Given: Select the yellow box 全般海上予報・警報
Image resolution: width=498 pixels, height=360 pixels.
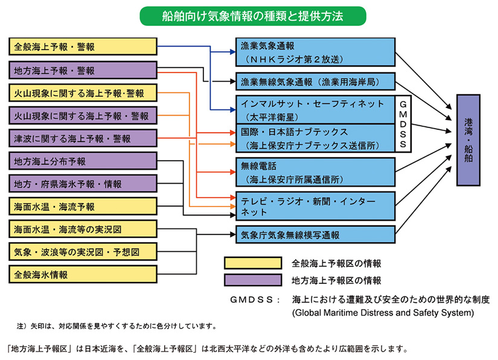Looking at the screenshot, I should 83,47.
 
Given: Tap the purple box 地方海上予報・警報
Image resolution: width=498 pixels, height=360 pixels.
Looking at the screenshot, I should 83,70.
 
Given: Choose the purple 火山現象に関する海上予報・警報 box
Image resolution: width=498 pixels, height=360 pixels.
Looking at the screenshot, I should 83,115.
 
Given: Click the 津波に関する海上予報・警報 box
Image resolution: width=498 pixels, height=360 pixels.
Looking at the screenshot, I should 83,138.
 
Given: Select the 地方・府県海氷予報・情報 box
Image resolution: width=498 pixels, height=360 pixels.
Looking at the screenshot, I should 83,183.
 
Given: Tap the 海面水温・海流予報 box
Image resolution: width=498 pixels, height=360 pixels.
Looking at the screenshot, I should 83,206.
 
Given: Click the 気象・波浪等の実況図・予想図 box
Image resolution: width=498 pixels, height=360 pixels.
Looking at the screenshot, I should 83,251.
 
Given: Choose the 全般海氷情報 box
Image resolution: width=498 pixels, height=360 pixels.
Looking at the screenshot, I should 83,274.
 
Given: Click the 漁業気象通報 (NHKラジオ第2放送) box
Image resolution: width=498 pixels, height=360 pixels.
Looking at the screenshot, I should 314,51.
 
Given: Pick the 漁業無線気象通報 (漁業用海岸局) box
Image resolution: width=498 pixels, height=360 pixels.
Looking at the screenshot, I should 314,80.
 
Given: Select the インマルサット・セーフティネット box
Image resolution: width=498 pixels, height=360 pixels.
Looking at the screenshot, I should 314,108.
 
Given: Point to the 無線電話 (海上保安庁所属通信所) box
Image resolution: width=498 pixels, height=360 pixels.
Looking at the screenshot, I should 314,172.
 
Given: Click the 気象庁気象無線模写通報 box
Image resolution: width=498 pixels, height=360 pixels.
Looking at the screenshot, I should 314,234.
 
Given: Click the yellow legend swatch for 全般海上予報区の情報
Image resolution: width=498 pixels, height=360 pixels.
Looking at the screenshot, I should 252,263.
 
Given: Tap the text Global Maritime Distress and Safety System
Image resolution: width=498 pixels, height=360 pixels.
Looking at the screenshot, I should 383,312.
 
